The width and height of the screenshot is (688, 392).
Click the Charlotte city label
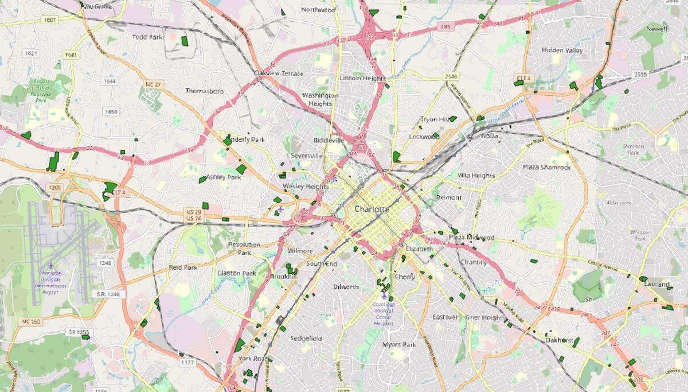click(372, 209)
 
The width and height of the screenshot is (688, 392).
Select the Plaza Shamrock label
click(546, 167)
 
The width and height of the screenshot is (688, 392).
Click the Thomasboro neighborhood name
click(204, 91)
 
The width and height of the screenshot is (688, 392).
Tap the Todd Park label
click(147, 37)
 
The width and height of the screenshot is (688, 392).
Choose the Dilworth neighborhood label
click(346, 286)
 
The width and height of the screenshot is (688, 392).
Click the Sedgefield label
click(306, 338)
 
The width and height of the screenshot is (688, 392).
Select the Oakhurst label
click(560, 340)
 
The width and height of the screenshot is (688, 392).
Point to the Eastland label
click(656, 284)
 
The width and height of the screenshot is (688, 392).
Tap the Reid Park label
click(183, 267)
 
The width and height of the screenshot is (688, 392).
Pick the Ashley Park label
click(224, 177)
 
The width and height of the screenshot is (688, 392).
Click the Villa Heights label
click(476, 175)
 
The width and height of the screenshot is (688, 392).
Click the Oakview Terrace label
click(279, 73)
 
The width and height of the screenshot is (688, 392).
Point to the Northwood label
click(318, 10)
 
